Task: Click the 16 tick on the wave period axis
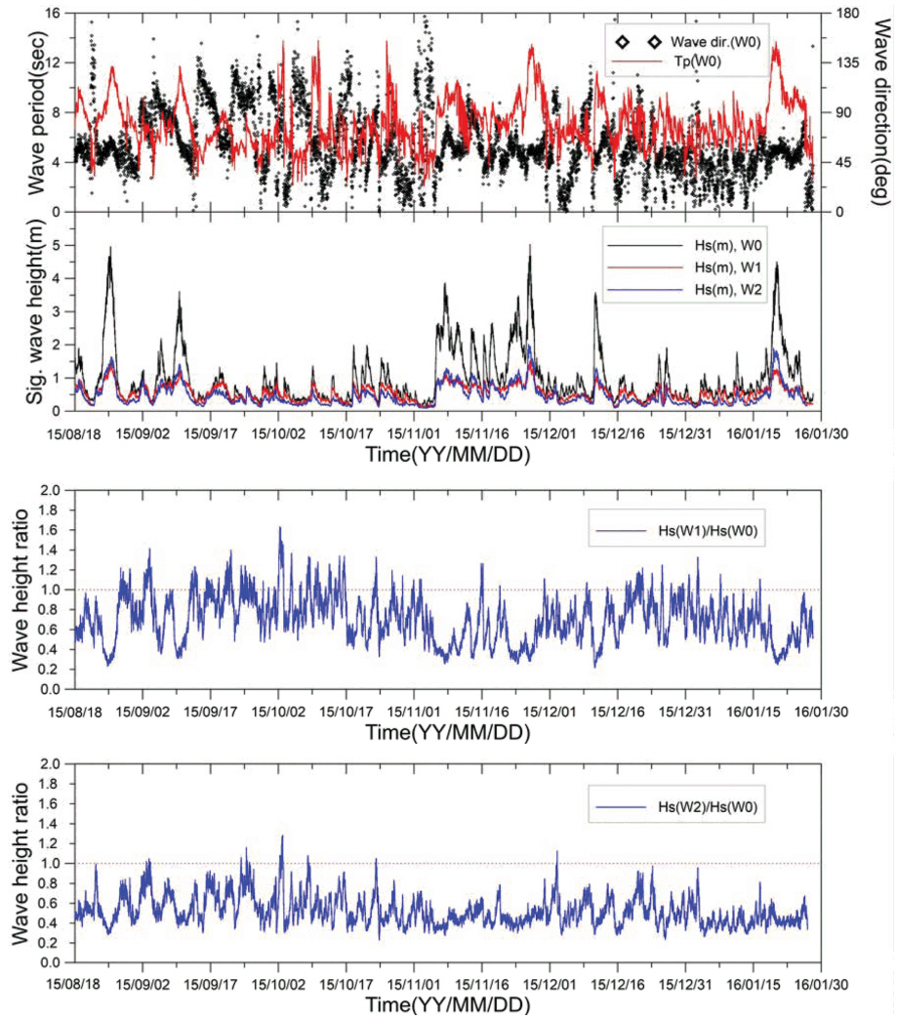pyautogui.click(x=56, y=13)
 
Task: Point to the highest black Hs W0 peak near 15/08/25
pyautogui.click(x=110, y=248)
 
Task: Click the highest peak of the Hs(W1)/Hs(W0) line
pyautogui.click(x=280, y=528)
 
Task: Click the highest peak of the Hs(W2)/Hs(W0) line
pyautogui.click(x=282, y=836)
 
